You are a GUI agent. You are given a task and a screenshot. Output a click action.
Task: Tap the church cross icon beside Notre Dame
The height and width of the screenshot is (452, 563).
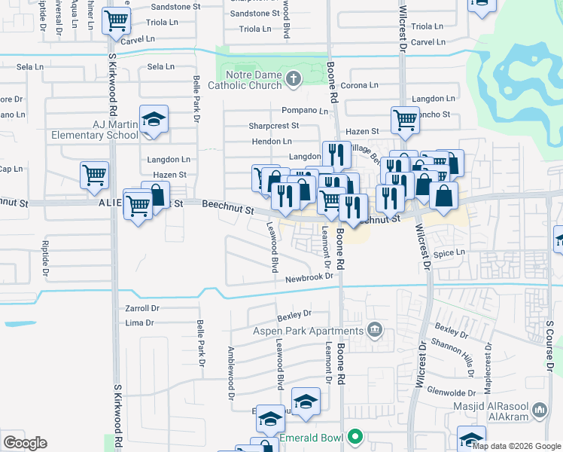coord(294,77)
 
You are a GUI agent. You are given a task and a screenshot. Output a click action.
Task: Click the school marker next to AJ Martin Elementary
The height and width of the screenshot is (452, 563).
coord(154,120)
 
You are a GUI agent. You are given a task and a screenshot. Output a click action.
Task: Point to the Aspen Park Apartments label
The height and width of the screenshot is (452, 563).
coord(309,331)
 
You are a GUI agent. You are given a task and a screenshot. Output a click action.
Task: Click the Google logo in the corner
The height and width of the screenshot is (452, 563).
coord(25,443)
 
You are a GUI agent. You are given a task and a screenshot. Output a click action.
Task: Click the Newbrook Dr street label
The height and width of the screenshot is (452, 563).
coord(309,278)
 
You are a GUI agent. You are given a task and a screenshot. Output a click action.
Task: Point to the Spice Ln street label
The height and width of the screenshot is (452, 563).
coord(449,252)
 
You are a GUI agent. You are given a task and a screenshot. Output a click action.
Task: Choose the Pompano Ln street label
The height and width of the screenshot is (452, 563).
coord(306,110)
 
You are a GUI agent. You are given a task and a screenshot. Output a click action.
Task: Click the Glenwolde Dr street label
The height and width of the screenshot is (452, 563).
coord(451,392)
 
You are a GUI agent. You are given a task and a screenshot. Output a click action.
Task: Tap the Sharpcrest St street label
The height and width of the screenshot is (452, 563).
coord(275,126)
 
